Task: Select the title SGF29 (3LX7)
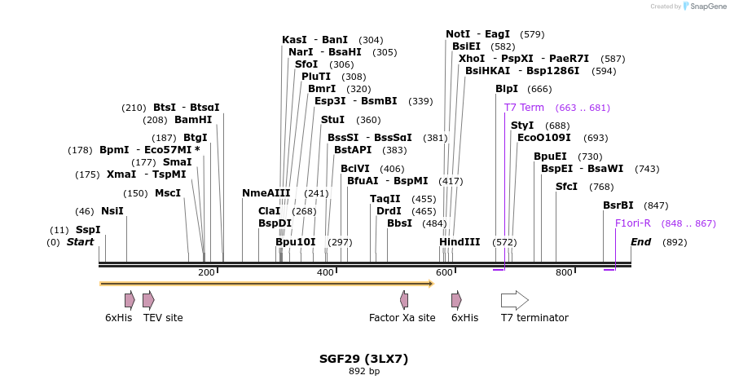pyautogui.click(x=363, y=358)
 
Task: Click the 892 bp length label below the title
pyautogui.click(x=363, y=372)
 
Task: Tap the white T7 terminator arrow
pyautogui.click(x=514, y=300)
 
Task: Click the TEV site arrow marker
pyautogui.click(x=148, y=300)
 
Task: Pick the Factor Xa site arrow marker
pyautogui.click(x=403, y=300)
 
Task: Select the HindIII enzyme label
pyautogui.click(x=460, y=242)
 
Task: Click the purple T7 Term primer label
pyautogui.click(x=524, y=108)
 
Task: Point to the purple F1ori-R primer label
pyautogui.click(x=632, y=223)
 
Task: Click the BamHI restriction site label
pyautogui.click(x=193, y=120)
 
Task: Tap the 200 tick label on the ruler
pyautogui.click(x=206, y=272)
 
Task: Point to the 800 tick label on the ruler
pyautogui.click(x=564, y=272)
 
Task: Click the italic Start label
pyautogui.click(x=80, y=242)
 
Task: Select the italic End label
pyautogui.click(x=640, y=242)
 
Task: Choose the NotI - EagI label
pyautogui.click(x=477, y=34)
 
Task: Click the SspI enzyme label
pyautogui.click(x=88, y=230)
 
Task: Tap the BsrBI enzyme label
pyautogui.click(x=618, y=205)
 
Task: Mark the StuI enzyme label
pyautogui.click(x=332, y=120)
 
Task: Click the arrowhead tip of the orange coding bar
pyautogui.click(x=431, y=284)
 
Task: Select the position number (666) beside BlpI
pyautogui.click(x=539, y=89)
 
